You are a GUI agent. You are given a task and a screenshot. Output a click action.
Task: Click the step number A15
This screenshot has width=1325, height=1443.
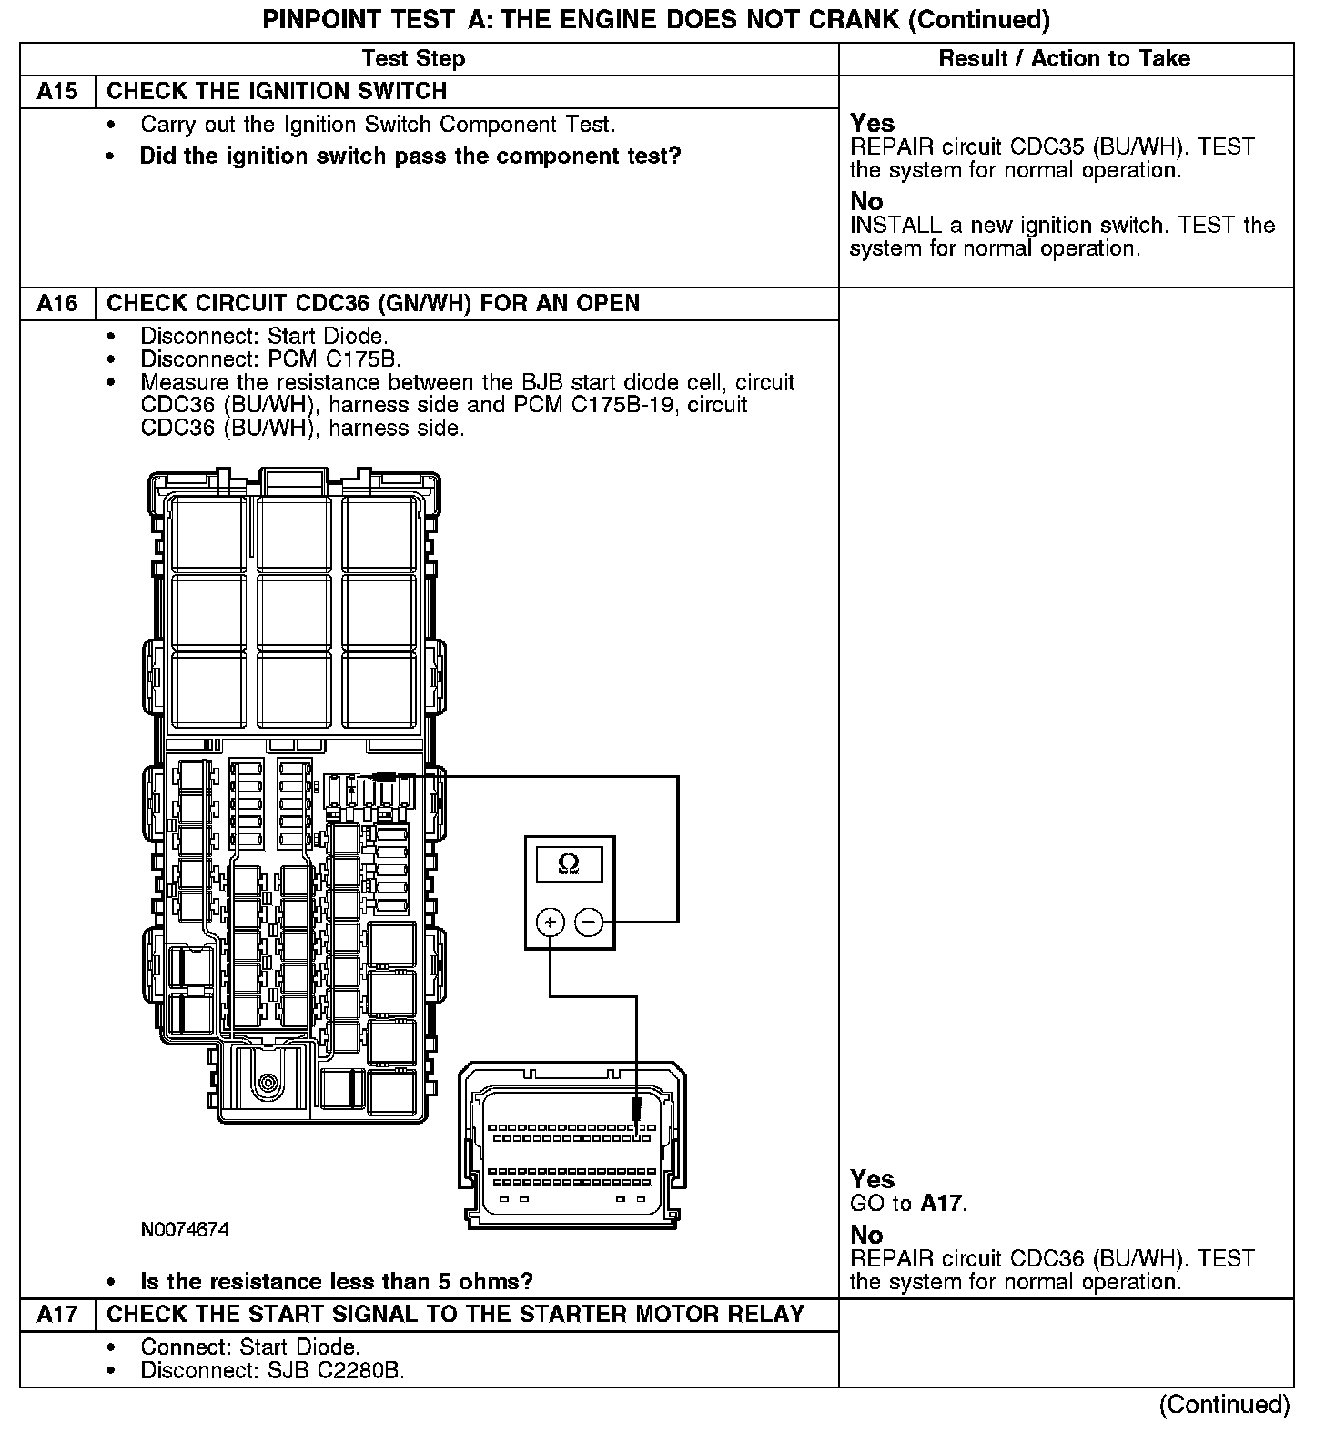click(x=56, y=92)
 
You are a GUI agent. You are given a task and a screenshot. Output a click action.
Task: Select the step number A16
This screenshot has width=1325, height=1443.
click(x=56, y=303)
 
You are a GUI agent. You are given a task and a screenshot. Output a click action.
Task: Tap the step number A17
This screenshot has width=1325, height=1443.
click(x=56, y=1314)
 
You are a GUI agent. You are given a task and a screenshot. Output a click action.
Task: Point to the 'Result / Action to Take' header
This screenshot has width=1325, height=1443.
click(x=1064, y=59)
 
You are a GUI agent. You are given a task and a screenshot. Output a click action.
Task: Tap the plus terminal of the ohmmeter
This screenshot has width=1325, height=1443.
click(x=550, y=923)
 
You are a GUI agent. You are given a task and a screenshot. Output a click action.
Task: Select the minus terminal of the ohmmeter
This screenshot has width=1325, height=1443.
click(x=590, y=923)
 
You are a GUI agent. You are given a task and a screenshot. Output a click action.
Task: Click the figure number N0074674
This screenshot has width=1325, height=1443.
click(x=185, y=1230)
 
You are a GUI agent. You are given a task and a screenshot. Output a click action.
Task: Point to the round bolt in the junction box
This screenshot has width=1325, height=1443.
click(x=268, y=1082)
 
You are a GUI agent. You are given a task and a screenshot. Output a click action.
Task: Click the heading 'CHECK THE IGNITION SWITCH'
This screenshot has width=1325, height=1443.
click(x=277, y=92)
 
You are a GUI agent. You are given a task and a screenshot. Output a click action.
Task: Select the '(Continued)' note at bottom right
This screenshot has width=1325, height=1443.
click(x=1224, y=1405)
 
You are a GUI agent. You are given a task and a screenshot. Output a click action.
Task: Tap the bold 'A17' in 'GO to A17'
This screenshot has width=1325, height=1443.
click(x=942, y=1204)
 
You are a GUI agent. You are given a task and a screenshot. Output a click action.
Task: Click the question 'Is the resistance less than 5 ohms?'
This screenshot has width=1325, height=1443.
click(x=336, y=1282)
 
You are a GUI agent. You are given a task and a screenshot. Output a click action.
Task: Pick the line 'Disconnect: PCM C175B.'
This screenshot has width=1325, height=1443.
click(x=270, y=359)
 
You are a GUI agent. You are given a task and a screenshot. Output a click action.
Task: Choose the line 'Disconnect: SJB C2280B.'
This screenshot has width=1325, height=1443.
click(x=272, y=1370)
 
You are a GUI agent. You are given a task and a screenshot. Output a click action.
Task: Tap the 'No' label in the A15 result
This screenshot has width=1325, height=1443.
click(x=866, y=201)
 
